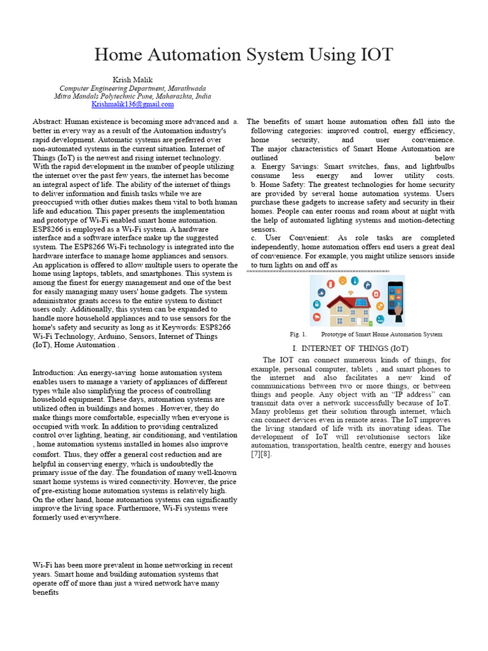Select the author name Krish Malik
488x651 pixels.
tap(132, 79)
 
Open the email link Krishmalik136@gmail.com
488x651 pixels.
tap(132, 104)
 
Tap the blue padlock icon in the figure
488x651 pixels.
tap(316, 304)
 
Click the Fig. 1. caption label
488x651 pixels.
tap(298, 334)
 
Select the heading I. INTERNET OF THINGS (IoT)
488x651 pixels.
tap(350, 348)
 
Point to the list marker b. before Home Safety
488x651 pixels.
tap(254, 184)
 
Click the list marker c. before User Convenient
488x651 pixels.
tap(254, 238)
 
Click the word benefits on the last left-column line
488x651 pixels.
tap(45, 592)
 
